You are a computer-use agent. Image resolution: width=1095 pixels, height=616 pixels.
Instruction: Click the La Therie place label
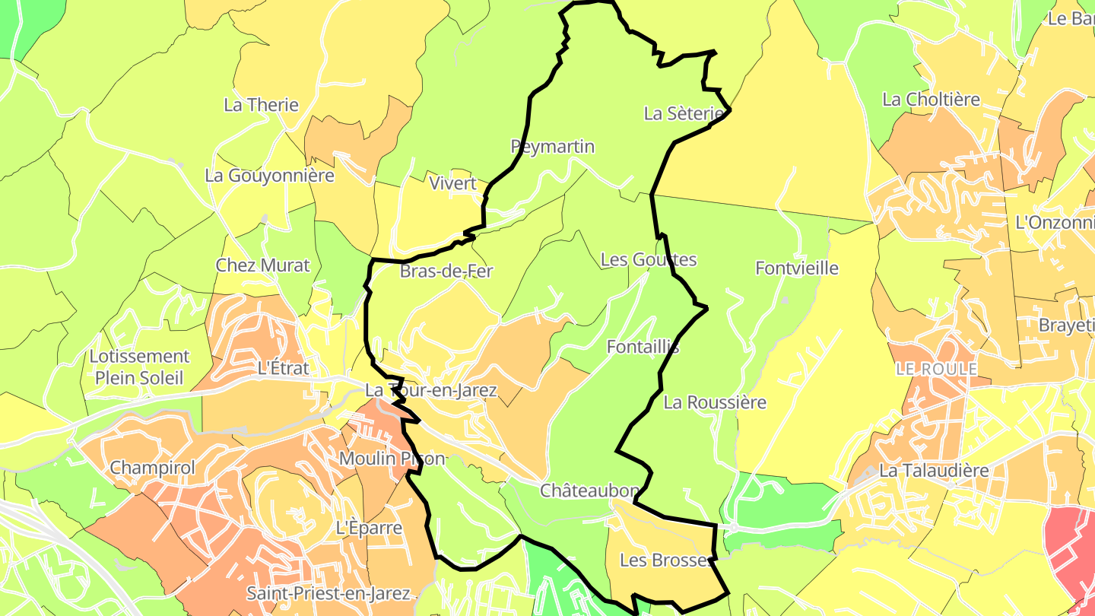pos(261,105)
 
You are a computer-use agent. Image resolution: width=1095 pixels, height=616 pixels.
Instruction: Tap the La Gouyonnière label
pos(269,176)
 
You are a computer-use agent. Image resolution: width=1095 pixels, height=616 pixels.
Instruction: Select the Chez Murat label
pos(263,265)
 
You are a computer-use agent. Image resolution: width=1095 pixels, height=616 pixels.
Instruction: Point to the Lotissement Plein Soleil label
pos(139,367)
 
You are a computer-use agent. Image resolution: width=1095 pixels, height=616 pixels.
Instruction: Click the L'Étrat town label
pos(284,369)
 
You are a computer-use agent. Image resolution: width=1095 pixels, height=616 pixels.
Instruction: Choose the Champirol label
pos(153,468)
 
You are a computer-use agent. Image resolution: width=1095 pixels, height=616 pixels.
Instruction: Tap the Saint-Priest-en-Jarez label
pos(328,593)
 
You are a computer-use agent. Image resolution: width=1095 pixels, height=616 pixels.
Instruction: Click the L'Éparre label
pos(369,527)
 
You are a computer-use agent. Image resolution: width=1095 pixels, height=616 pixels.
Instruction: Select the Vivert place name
pos(452,183)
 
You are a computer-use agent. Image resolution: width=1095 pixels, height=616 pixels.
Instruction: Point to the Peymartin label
pos(553,147)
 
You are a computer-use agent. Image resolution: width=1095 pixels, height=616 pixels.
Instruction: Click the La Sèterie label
pos(684,114)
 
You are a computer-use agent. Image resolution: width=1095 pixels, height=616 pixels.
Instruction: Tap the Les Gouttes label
pos(649,260)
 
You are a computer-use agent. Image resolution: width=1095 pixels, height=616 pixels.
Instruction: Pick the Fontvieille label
pos(797,268)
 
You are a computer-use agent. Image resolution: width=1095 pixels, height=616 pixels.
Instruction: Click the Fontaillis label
pos(643,348)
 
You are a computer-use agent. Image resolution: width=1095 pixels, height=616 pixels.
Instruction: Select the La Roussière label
pos(715,403)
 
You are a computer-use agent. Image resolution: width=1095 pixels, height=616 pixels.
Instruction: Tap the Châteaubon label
pos(590,491)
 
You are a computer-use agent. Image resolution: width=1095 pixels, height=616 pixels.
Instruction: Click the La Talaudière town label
pos(934,471)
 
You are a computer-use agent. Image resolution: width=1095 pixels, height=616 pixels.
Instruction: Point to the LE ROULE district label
pos(936,369)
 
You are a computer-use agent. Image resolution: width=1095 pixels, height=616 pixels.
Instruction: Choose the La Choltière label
pos(931,100)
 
